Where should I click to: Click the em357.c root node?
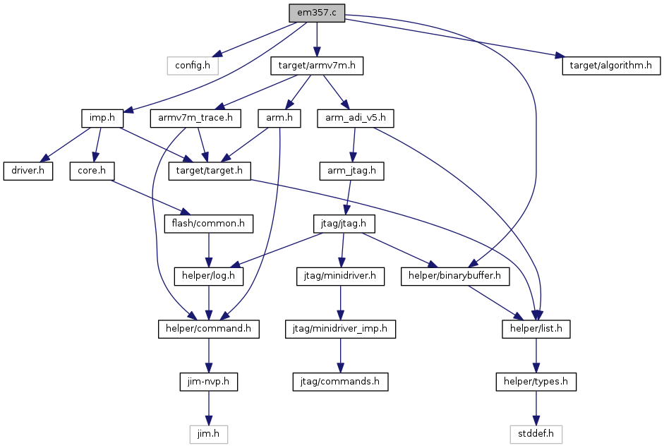click(317, 13)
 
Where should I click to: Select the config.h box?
click(193, 66)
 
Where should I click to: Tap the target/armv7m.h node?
click(317, 66)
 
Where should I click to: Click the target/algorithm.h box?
click(611, 66)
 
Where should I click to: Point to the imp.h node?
click(102, 118)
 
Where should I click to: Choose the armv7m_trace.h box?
click(195, 118)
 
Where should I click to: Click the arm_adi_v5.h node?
click(356, 118)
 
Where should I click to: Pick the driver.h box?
click(28, 171)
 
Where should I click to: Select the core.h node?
click(92, 171)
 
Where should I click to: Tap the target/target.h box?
click(210, 171)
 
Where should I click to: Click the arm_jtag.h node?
click(351, 171)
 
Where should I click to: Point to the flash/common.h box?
click(208, 224)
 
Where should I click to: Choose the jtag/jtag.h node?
click(344, 224)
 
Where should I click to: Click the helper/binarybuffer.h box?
click(455, 276)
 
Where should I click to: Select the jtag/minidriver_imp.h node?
click(341, 329)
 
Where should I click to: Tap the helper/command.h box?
click(208, 329)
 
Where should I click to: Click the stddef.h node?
click(536, 434)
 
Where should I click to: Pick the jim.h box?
click(208, 434)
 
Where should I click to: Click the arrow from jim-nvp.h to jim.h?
click(208, 408)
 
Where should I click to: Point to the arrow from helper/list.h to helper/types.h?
click(536, 356)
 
